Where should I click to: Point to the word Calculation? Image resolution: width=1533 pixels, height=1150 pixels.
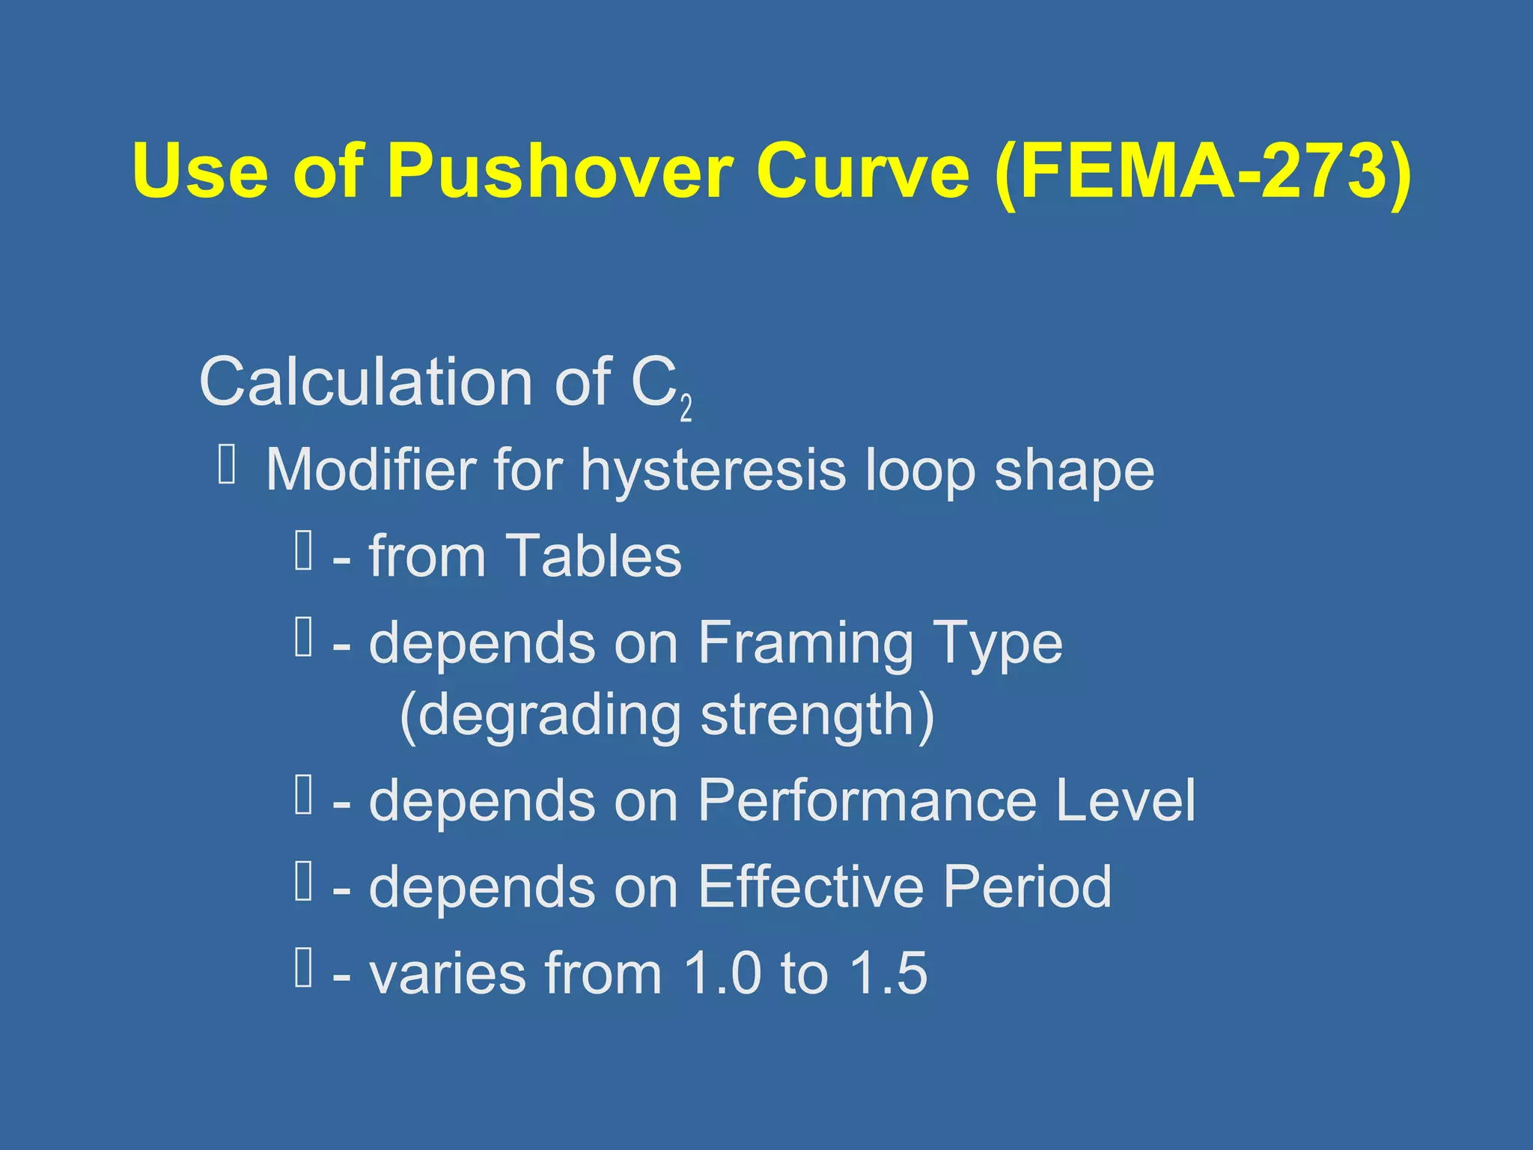click(365, 382)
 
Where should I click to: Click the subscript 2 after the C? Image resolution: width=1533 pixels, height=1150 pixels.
click(686, 408)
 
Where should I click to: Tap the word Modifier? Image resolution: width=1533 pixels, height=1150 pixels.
click(371, 470)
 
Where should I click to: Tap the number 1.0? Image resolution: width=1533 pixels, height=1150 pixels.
click(723, 973)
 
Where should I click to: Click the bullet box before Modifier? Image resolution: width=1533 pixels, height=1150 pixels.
click(228, 464)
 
